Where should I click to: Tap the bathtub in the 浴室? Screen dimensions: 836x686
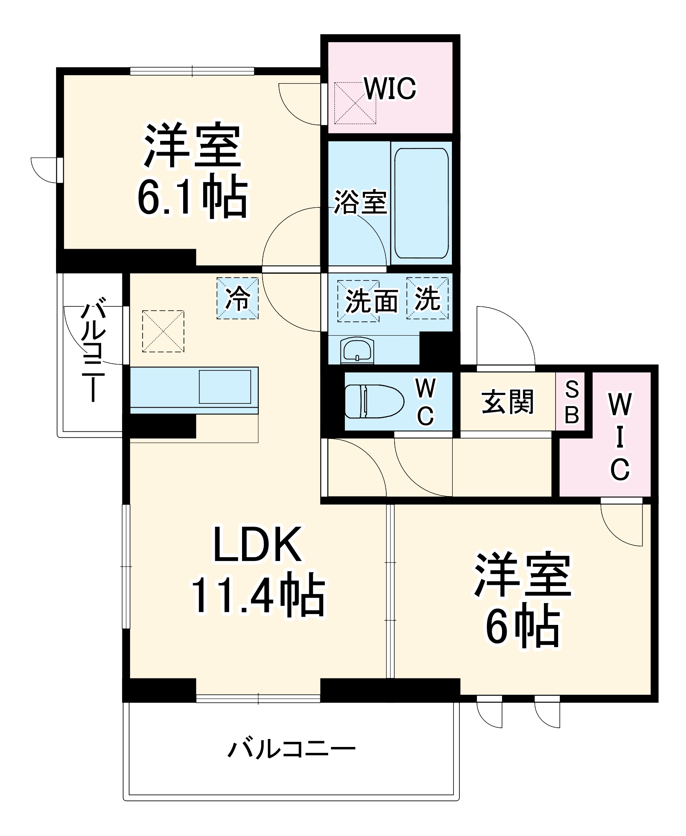pyautogui.click(x=421, y=203)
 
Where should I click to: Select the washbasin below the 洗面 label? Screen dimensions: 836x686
pyautogui.click(x=357, y=350)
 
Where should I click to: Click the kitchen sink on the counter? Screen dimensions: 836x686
pyautogui.click(x=225, y=387)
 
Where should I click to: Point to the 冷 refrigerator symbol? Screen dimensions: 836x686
pyautogui.click(x=237, y=298)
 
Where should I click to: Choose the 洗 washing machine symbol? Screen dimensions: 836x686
pyautogui.click(x=427, y=298)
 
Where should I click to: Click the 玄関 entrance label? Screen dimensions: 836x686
pyautogui.click(x=507, y=402)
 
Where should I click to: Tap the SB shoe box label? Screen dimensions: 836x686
pyautogui.click(x=571, y=402)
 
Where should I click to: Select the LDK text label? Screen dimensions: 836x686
pyautogui.click(x=258, y=545)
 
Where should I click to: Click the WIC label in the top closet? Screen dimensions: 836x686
pyautogui.click(x=390, y=88)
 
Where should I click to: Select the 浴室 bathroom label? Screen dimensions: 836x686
pyautogui.click(x=360, y=202)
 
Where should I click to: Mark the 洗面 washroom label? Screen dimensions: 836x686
pyautogui.click(x=371, y=301)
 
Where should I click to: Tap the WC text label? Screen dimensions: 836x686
pyautogui.click(x=426, y=402)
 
